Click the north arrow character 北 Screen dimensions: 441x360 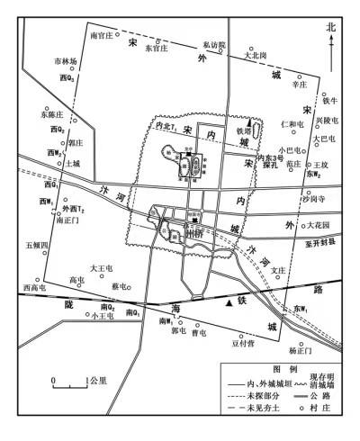(330, 28)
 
